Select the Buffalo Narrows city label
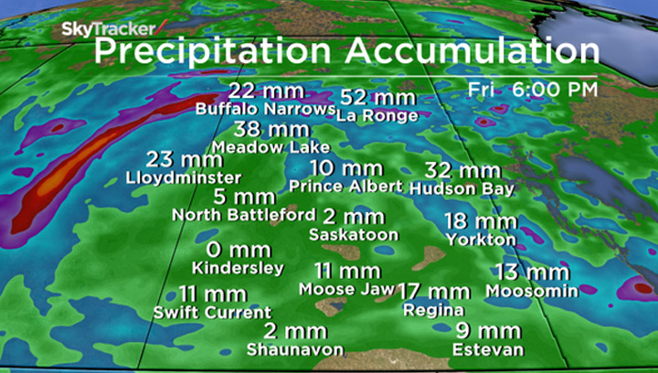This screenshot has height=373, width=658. (x=266, y=109)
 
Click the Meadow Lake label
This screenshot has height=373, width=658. (x=270, y=146)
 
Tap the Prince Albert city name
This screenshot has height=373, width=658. (x=345, y=186)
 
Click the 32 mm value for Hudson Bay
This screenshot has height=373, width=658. (x=462, y=170)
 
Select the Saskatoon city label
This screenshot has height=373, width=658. (x=354, y=235)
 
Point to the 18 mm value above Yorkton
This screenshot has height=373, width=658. (x=481, y=221)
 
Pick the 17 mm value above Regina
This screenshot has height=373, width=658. (x=435, y=292)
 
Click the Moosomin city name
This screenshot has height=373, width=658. (x=532, y=291)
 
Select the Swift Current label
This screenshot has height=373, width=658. (x=212, y=313)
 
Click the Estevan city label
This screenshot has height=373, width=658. (x=488, y=349)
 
